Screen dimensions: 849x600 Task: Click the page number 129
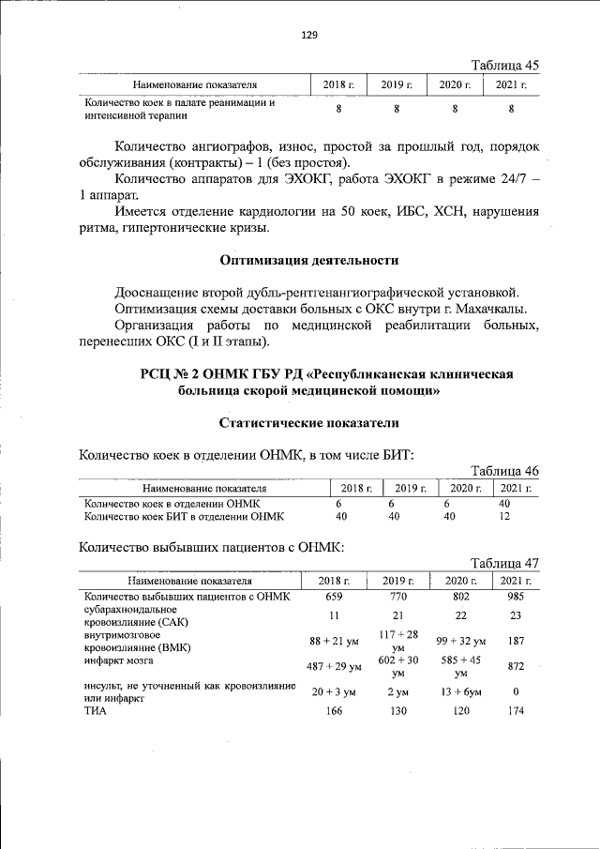308,35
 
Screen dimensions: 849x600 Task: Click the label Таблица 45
505,65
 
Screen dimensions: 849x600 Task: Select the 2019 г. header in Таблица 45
397,85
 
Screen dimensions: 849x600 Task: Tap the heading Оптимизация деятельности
308,260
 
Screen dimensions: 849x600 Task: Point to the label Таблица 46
505,470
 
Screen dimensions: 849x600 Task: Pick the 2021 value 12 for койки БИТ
505,516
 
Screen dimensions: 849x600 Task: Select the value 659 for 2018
335,597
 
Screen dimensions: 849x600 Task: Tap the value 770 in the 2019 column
397,597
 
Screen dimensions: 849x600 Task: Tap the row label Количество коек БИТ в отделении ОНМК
184,516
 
